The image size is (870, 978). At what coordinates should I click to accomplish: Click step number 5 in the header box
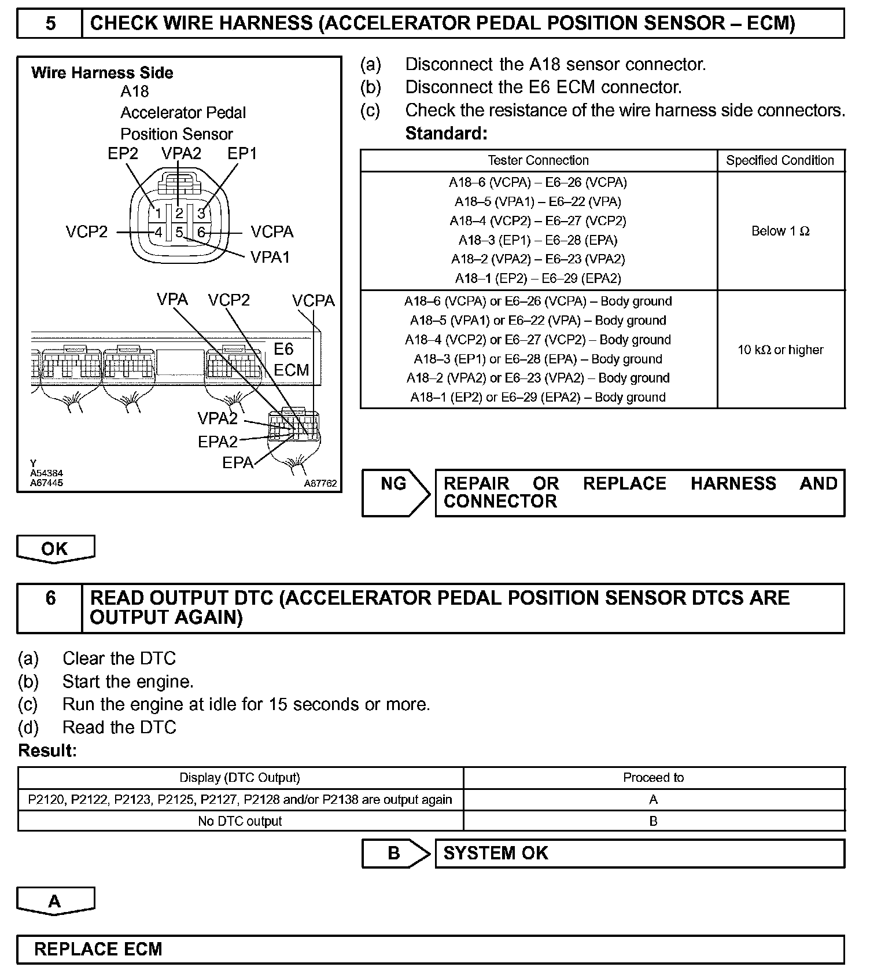50,24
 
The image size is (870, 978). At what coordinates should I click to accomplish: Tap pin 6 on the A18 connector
201,233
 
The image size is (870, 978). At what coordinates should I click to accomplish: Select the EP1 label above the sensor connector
242,153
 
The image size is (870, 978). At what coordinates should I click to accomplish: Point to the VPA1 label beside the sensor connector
270,257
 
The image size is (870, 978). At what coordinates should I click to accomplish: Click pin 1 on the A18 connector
158,214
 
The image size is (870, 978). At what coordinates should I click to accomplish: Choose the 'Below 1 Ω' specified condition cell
780,231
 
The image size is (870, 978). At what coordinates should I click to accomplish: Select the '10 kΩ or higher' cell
780,350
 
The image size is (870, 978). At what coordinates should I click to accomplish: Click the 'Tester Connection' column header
538,160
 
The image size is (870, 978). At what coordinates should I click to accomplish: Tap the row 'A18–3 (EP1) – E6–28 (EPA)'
538,240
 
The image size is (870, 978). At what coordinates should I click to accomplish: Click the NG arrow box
395,492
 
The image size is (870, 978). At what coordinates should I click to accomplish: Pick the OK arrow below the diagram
55,549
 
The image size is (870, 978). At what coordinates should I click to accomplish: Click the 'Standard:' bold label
446,134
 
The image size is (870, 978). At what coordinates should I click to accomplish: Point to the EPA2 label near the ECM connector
217,442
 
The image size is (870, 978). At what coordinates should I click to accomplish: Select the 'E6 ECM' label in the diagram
290,359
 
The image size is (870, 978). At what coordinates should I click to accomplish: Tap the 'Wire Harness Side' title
102,73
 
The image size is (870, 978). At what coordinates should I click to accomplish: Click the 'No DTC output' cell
239,821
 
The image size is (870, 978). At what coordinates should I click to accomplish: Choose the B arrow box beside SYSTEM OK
395,853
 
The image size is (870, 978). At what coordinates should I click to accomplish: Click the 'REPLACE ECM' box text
98,949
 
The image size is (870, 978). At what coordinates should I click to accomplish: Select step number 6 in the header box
50,598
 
